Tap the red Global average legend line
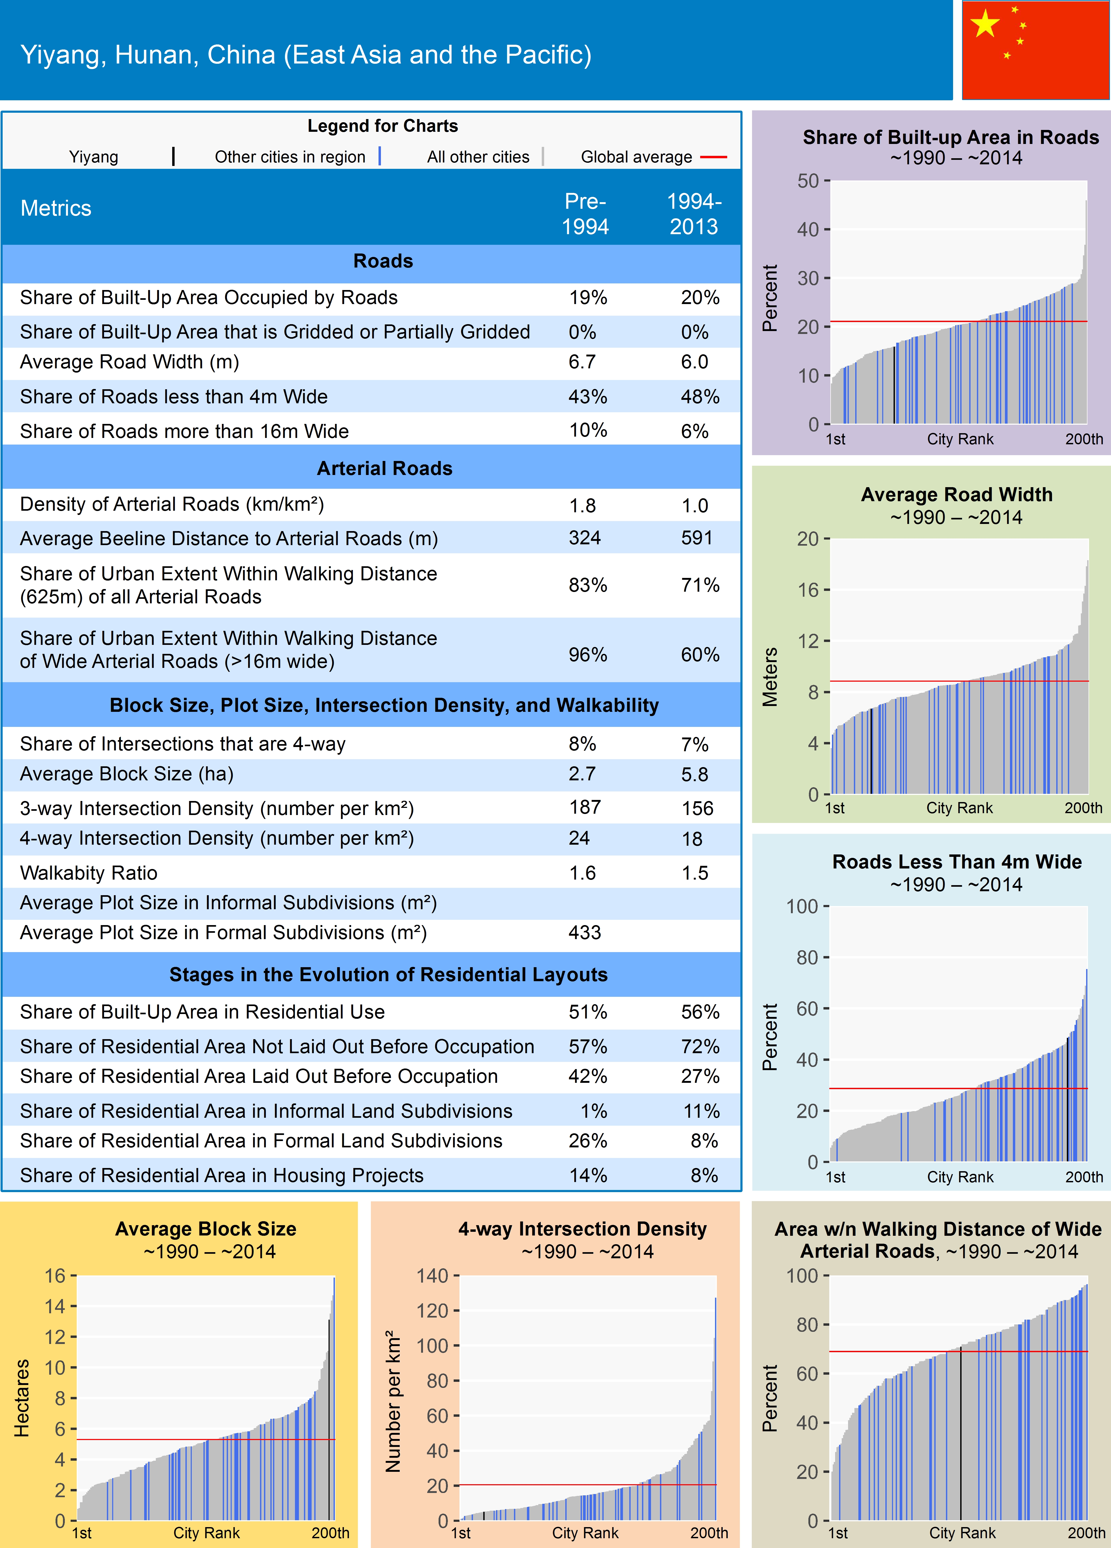[713, 157]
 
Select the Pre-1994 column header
[585, 214]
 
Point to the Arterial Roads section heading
[384, 468]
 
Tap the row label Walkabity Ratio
[89, 873]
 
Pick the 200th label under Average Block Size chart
[330, 1533]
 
